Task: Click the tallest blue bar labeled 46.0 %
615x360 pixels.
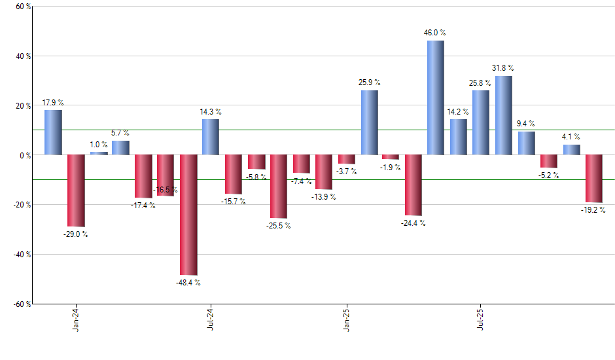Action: tap(436, 98)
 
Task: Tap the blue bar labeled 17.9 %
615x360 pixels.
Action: tap(54, 132)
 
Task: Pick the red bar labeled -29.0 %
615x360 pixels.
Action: tap(76, 190)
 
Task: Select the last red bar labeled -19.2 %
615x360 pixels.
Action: tap(594, 179)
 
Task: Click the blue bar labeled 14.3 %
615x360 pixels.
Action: tap(211, 137)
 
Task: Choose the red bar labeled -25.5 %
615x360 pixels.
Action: tap(279, 187)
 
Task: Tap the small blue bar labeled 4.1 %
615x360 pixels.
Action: tap(572, 150)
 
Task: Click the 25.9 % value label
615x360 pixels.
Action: tap(370, 82)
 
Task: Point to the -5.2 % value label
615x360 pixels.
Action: tap(548, 175)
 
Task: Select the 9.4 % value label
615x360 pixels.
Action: tap(526, 124)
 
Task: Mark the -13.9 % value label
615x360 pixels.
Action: tap(324, 197)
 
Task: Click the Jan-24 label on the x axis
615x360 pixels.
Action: tap(77, 319)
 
